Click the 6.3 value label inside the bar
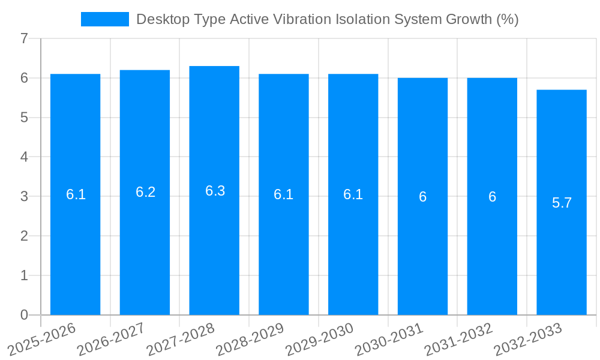(214, 191)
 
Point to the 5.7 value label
(562, 203)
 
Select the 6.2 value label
(145, 192)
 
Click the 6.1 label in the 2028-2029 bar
(283, 194)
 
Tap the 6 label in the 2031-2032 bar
(492, 197)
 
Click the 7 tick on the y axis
(24, 39)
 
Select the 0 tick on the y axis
(24, 315)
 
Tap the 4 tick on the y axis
(24, 157)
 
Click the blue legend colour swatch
(105, 19)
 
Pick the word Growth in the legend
(469, 19)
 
